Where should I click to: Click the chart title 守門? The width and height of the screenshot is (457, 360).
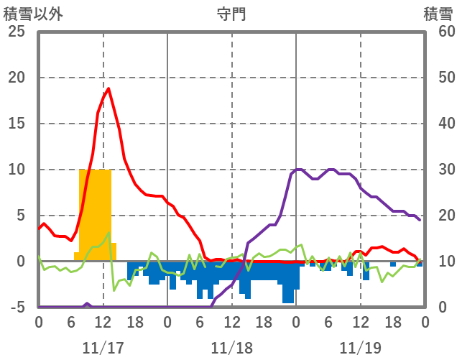click(x=231, y=14)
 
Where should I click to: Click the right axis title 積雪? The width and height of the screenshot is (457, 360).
click(x=438, y=14)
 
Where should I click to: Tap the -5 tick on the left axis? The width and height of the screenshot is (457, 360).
click(x=17, y=308)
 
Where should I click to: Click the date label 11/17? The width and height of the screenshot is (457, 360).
click(x=103, y=348)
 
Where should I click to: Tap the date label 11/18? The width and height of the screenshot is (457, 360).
click(x=231, y=348)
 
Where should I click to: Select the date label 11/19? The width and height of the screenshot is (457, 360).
click(x=360, y=348)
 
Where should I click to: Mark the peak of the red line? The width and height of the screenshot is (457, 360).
click(x=108, y=88)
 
